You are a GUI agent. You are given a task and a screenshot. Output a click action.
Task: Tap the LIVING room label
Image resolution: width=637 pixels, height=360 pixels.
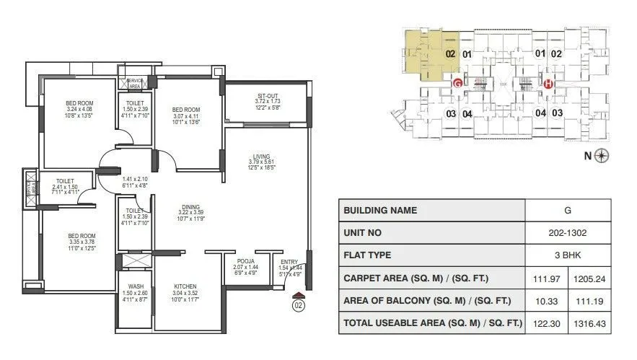(x=261, y=155)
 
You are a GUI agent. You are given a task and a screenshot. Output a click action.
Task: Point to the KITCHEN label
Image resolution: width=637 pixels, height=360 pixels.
(x=185, y=286)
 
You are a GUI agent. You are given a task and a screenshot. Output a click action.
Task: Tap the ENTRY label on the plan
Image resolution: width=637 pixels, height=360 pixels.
(x=289, y=261)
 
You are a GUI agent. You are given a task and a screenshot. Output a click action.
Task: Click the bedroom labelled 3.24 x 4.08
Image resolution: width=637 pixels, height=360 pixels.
(x=76, y=103)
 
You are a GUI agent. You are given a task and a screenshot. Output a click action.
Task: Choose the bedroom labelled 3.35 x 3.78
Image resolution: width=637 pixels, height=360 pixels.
(x=82, y=236)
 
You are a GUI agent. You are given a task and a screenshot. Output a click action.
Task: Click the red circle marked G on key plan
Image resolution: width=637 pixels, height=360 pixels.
(x=457, y=83)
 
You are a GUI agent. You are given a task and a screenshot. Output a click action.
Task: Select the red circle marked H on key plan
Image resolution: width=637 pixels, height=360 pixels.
(x=548, y=83)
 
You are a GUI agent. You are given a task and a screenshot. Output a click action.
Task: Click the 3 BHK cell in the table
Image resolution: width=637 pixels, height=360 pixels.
(x=567, y=255)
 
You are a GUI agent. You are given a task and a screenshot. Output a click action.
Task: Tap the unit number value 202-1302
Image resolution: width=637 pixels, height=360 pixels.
(x=567, y=233)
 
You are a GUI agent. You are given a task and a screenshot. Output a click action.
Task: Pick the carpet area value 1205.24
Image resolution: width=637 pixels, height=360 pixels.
(x=589, y=278)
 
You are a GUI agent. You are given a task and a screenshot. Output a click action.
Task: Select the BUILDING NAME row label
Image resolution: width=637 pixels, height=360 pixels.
(x=380, y=211)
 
